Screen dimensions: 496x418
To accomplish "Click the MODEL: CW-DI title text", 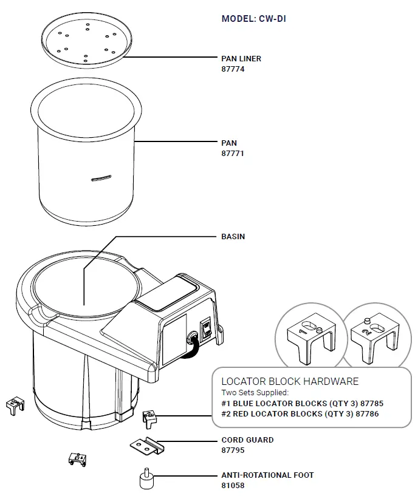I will (x=253, y=19).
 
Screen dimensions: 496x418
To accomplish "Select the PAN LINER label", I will (x=241, y=59).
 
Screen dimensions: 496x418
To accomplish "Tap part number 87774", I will (x=233, y=69).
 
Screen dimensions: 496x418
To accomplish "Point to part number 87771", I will (x=233, y=154).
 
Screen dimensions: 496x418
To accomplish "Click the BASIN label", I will (x=233, y=236).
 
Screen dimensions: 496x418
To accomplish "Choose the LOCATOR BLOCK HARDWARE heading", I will (x=290, y=381).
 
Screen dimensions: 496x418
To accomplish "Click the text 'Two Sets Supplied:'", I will (x=255, y=393).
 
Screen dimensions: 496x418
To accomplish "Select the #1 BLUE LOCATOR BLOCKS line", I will (x=302, y=403).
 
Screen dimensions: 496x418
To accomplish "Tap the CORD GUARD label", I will (x=247, y=440).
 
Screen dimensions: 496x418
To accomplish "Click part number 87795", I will (x=233, y=450).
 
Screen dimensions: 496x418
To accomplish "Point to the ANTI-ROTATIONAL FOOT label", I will (x=267, y=475).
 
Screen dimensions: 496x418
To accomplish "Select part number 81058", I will (x=233, y=486).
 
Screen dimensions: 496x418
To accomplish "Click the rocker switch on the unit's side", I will (x=207, y=329).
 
